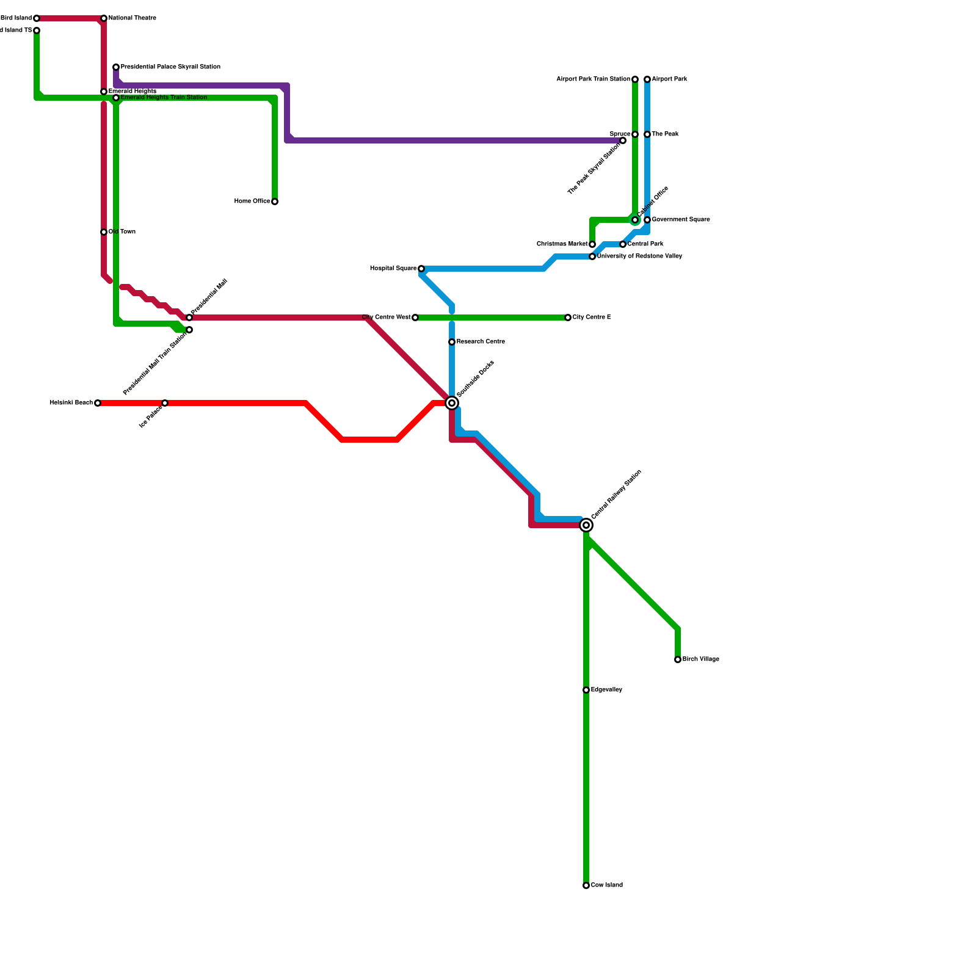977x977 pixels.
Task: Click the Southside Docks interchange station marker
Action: (452, 403)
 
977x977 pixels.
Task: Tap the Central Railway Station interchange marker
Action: (586, 525)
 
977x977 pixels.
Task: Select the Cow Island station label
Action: (606, 885)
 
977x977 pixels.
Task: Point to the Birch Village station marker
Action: (678, 659)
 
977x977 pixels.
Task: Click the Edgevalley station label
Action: (606, 690)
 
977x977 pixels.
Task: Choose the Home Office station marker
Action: (275, 202)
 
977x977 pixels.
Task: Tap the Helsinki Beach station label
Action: (71, 403)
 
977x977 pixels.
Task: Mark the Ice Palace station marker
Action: (165, 403)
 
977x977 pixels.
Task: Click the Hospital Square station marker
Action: (421, 269)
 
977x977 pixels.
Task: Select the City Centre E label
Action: (591, 318)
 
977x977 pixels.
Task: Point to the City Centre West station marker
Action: (415, 318)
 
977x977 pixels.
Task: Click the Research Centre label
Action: (481, 342)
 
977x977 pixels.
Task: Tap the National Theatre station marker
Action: (104, 18)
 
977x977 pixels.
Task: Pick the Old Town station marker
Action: (104, 232)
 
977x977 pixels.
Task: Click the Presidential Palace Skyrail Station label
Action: (170, 67)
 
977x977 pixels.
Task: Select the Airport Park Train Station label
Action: (593, 79)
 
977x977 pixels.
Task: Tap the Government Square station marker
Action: (647, 220)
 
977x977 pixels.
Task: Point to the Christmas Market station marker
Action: (592, 244)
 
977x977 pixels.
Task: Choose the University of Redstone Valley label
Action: (639, 256)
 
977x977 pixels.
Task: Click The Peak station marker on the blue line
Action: (647, 134)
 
